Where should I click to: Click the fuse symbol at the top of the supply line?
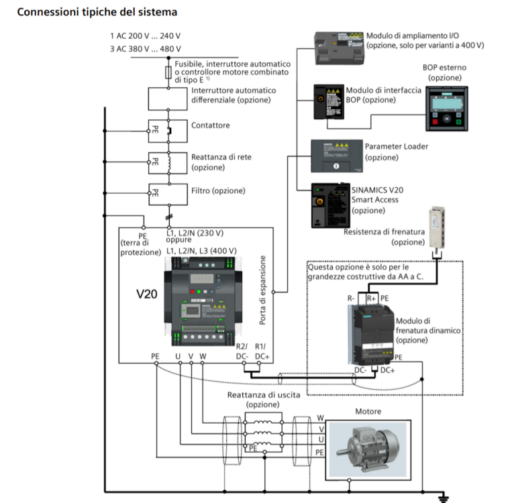168,72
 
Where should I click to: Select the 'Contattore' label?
210,125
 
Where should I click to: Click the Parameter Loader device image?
336,156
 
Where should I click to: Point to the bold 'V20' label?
146,294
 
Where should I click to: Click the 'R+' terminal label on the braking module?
370,296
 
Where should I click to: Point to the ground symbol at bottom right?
443,497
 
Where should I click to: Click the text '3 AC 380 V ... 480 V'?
145,48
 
